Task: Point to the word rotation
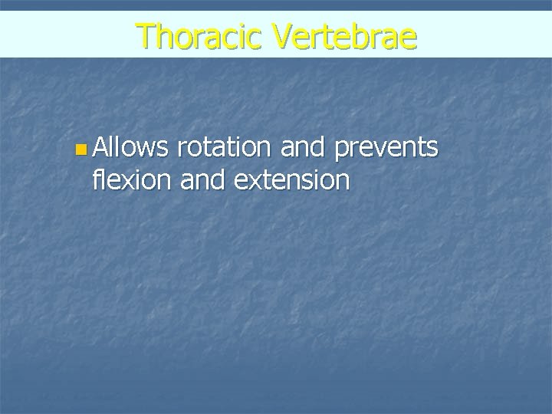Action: (x=224, y=147)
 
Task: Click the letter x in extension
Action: (x=261, y=182)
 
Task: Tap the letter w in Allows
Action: (x=143, y=149)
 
